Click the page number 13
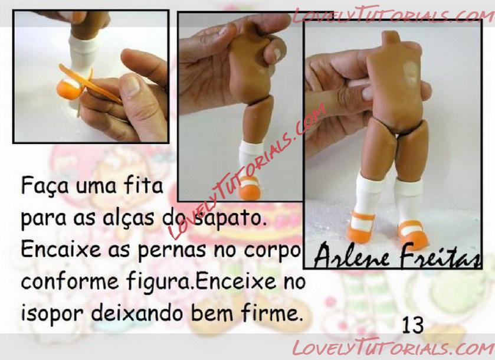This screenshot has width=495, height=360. point(413,325)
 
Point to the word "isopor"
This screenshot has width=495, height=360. point(52,313)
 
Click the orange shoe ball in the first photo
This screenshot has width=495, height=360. point(67,90)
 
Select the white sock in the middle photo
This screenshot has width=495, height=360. point(250,158)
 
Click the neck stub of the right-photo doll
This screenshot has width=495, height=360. point(391,37)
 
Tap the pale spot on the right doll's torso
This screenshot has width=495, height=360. point(410,73)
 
